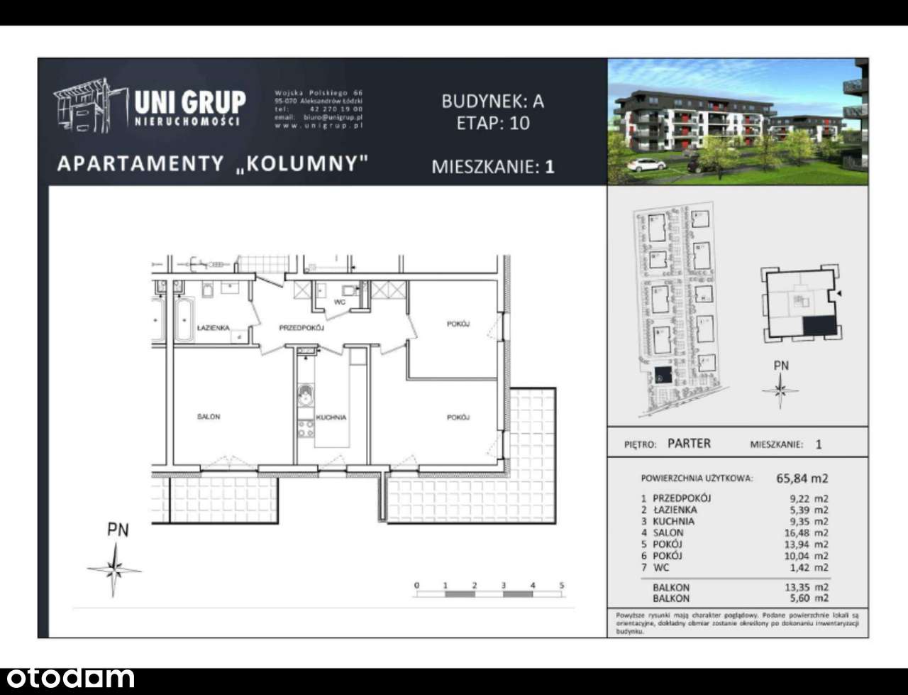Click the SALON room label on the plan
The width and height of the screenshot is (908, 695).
click(209, 417)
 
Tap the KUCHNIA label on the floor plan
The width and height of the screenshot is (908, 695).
click(331, 417)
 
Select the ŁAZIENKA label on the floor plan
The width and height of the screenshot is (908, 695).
click(213, 328)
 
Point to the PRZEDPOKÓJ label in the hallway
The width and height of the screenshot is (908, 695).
click(301, 328)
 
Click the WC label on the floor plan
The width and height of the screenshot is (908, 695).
click(340, 302)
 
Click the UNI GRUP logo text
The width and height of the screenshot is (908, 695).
click(189, 103)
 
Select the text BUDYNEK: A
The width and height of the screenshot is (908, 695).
click(492, 101)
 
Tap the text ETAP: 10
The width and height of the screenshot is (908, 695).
click(492, 123)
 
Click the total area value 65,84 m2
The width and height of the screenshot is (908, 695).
click(802, 478)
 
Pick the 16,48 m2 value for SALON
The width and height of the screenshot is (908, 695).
click(810, 532)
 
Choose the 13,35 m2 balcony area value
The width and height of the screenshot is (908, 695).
click(810, 587)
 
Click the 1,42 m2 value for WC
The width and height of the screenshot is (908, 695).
click(812, 567)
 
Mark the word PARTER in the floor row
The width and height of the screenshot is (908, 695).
click(689, 444)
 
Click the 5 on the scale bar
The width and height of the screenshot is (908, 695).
click(562, 586)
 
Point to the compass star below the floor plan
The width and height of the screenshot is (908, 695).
click(115, 569)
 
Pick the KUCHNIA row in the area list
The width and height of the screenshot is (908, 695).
click(673, 521)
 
